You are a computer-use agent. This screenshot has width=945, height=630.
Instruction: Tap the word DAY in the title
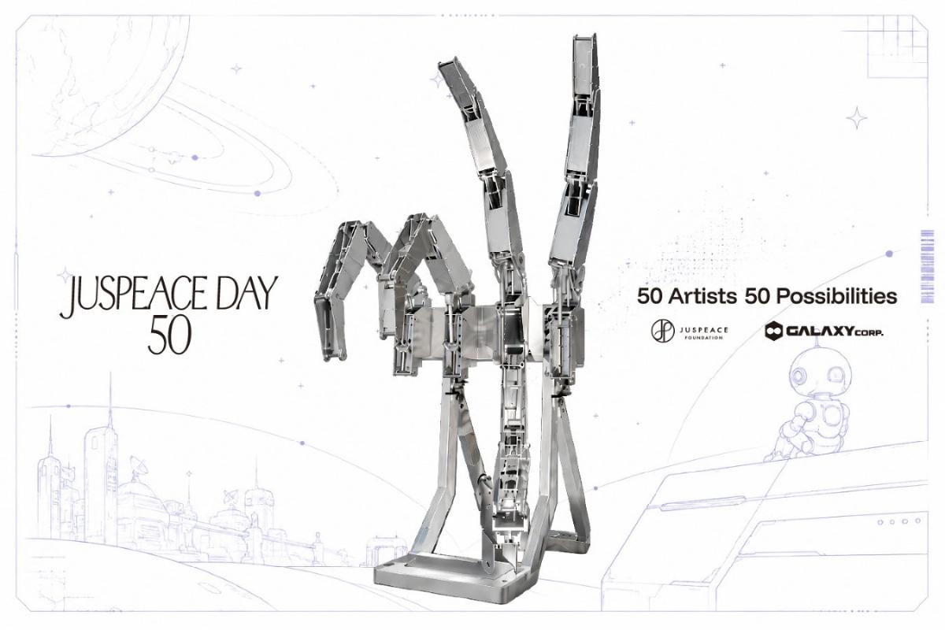click(247, 292)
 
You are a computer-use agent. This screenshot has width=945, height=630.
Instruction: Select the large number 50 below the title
click(169, 339)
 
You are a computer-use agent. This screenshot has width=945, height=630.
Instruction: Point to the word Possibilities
click(836, 296)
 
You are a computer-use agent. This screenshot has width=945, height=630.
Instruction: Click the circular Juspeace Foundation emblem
click(662, 331)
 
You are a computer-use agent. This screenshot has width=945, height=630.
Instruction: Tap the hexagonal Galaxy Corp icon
click(773, 331)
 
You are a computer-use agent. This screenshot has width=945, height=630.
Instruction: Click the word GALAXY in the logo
click(819, 332)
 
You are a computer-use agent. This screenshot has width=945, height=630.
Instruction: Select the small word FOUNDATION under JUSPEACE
click(704, 338)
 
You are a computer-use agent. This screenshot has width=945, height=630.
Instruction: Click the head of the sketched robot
click(819, 373)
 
